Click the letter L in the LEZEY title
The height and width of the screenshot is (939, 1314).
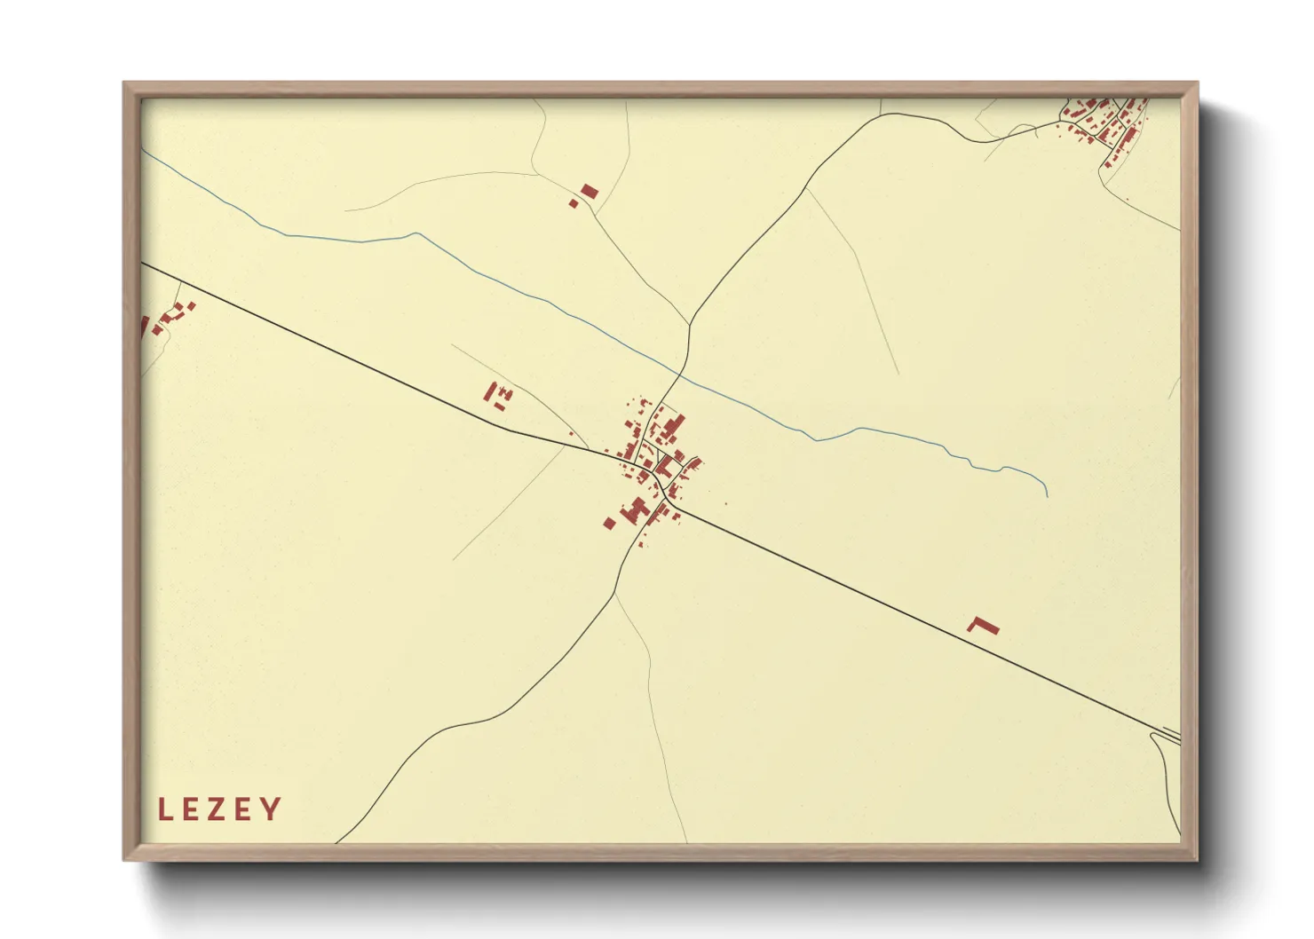pos(164,809)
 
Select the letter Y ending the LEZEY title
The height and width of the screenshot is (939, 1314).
pos(271,809)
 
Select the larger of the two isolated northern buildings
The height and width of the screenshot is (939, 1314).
pos(590,191)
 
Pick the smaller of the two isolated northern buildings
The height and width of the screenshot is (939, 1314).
pos(574,204)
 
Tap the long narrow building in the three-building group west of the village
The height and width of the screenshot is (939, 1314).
pos(489,391)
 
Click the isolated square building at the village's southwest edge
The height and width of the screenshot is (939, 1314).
pos(609,523)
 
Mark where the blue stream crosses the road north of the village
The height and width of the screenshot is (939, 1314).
pos(682,374)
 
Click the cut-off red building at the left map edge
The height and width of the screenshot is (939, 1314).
pos(145,326)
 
